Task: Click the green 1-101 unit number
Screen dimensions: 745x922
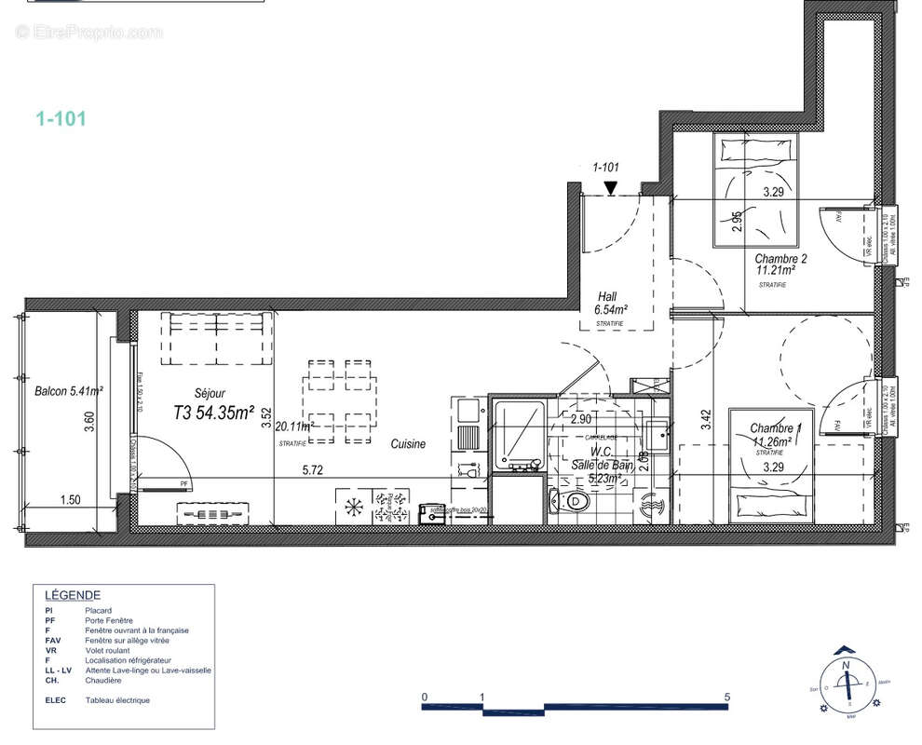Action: (61, 118)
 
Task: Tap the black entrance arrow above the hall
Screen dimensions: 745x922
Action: (610, 189)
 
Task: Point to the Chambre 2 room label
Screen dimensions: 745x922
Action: (780, 259)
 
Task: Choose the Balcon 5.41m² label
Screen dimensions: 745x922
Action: (68, 392)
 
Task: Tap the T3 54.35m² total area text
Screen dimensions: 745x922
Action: (214, 413)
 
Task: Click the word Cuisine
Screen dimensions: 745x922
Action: (408, 444)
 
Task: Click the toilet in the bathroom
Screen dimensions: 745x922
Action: (576, 503)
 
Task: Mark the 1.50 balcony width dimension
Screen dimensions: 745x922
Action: (69, 500)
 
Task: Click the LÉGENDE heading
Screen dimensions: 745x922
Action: (73, 596)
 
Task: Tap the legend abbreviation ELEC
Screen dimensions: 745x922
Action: (55, 700)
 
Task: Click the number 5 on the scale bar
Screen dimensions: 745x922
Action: (726, 697)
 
